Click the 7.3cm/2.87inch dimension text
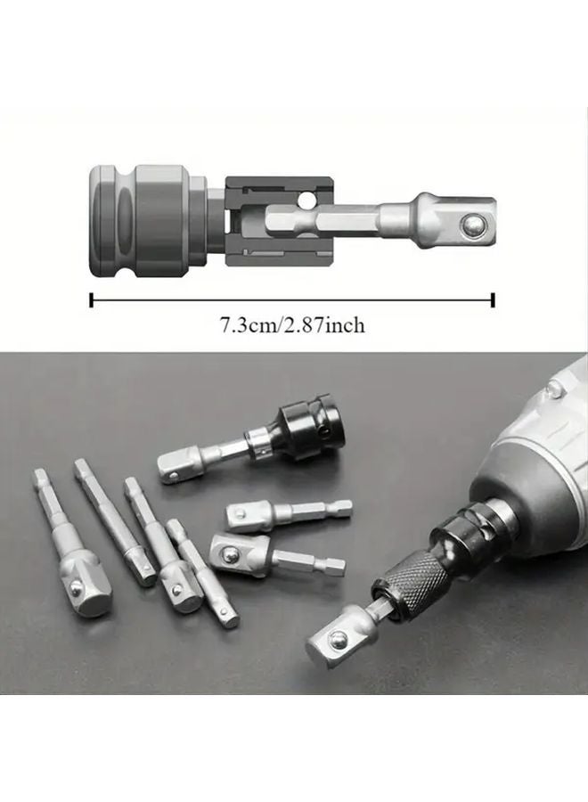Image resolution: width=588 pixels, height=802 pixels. (x=292, y=325)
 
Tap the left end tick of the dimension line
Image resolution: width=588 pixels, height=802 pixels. (x=92, y=299)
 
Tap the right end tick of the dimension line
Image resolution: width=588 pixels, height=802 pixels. (x=493, y=299)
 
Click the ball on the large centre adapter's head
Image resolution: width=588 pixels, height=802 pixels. (x=229, y=552)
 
